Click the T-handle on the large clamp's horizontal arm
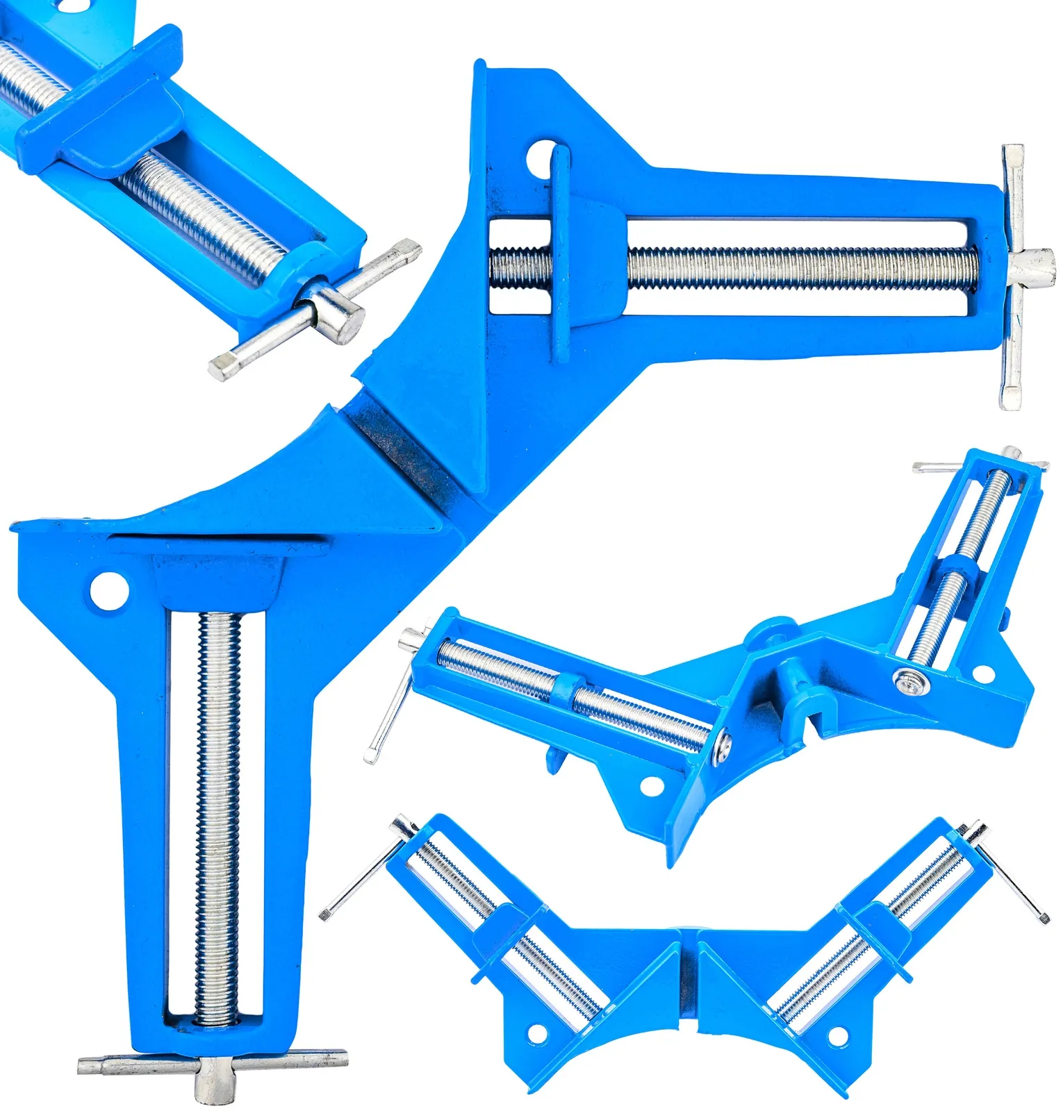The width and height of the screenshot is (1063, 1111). (x=1013, y=278)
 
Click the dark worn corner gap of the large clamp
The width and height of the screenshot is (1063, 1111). (x=403, y=444)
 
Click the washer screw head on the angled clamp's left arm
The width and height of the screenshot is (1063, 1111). (x=723, y=743)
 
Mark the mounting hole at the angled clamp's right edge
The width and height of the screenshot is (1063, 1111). (x=982, y=673)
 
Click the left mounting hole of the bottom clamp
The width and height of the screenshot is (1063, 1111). (x=536, y=1033)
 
